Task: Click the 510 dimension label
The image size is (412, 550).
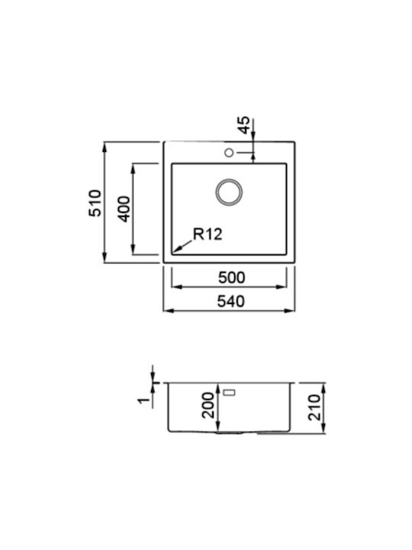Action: coord(95,202)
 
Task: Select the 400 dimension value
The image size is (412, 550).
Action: coord(124,209)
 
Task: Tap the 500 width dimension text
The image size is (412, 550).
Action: coord(232,278)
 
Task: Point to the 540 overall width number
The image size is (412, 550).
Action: coord(231,302)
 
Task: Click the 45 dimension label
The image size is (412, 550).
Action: coord(244,125)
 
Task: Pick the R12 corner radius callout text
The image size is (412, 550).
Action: coord(208,234)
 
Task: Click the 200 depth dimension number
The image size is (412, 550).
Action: coord(208,405)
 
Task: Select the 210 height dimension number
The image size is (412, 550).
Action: coord(314,407)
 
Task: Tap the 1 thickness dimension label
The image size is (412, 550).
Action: coord(143,400)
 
